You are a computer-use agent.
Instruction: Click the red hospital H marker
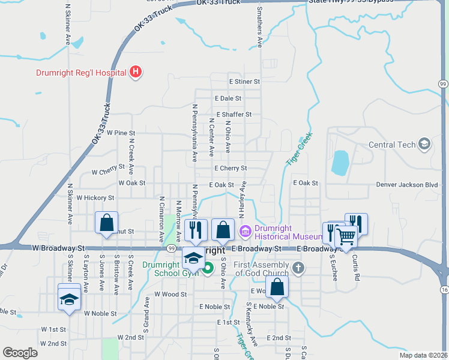(136, 73)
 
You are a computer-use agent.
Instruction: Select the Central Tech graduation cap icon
(425, 144)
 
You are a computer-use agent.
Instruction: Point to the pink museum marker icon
(245, 231)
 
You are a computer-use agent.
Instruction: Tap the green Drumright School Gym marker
(208, 268)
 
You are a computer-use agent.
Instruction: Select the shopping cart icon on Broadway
(346, 236)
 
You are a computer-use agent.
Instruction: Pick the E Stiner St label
(244, 81)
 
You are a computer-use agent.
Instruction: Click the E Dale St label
(228, 98)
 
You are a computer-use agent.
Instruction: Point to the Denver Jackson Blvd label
(407, 185)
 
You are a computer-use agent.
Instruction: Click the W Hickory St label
(95, 197)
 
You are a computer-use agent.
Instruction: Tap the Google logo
(20, 352)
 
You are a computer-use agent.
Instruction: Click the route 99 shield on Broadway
(172, 248)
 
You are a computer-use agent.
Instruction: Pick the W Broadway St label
(59, 247)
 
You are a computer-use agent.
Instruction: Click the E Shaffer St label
(234, 114)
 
